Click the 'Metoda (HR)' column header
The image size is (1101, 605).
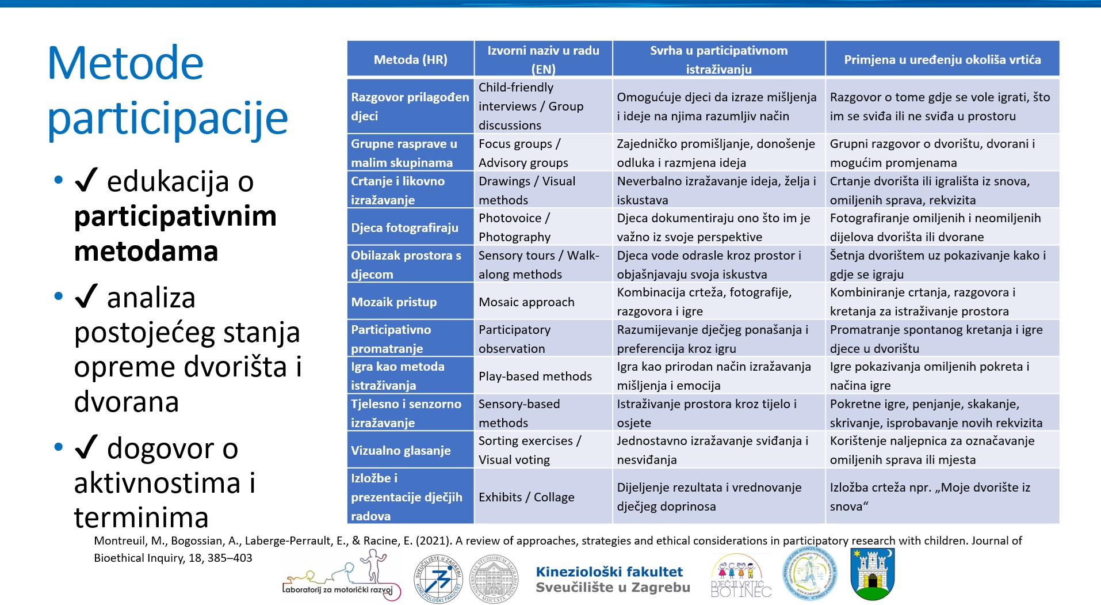tap(410, 59)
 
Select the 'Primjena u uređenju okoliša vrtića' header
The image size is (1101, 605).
tap(942, 59)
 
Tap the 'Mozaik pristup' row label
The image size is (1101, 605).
tap(394, 302)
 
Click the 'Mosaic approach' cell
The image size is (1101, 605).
tap(526, 302)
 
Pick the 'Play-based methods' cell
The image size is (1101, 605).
tap(535, 376)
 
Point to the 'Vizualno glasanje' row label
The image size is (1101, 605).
tap(401, 450)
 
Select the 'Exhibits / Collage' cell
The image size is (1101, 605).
tap(526, 497)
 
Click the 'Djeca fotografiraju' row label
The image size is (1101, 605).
tap(404, 227)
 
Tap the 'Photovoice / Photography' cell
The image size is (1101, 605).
tap(514, 227)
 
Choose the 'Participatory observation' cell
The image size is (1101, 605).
tap(514, 339)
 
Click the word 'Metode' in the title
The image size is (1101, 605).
tap(125, 63)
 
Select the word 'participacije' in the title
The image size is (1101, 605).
tap(167, 118)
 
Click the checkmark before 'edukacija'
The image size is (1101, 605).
tap(86, 181)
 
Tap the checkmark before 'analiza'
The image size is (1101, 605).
tap(86, 297)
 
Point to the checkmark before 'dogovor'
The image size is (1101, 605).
tap(86, 448)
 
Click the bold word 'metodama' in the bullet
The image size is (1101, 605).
tap(146, 252)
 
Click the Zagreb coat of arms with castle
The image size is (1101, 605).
tap(873, 574)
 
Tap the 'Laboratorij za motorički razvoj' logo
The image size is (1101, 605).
tap(341, 576)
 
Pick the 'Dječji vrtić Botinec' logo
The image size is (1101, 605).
tap(741, 576)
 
